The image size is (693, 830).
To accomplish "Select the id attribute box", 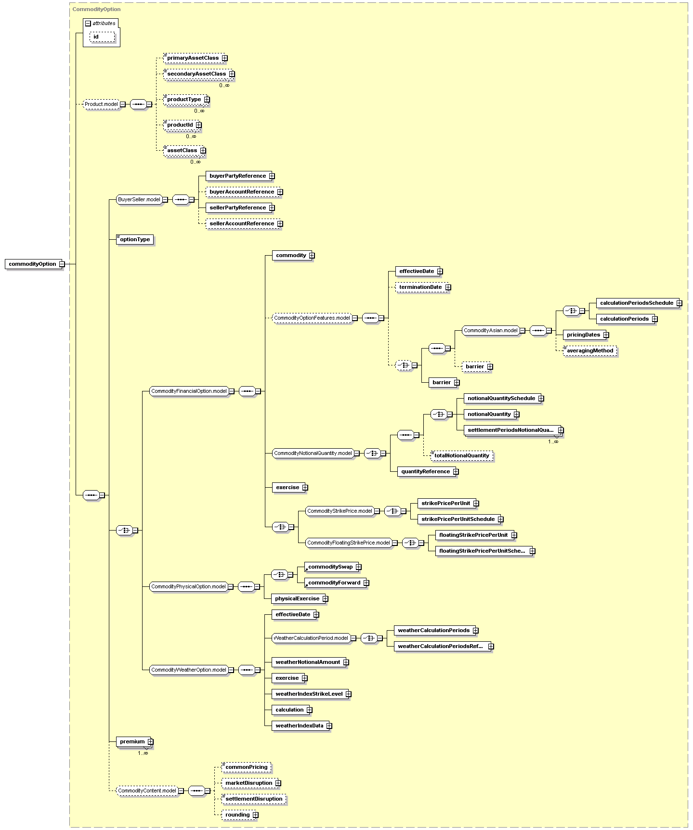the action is [102, 37].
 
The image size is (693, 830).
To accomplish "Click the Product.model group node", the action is [101, 104].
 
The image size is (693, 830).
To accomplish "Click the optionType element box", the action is [135, 239].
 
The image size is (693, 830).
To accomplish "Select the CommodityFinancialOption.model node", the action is [189, 391].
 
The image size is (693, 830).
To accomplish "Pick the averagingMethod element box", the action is [590, 350].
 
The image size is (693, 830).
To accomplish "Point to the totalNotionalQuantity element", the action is [462, 455].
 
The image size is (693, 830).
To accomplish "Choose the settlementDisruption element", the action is [254, 799].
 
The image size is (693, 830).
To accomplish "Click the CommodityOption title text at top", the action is [96, 9].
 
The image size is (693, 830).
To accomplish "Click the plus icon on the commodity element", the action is [312, 256].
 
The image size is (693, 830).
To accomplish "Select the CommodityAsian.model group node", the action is [490, 330].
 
